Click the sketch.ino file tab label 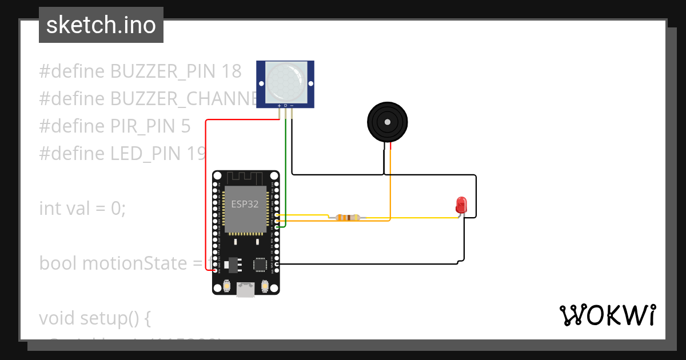click(101, 26)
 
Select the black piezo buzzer click(387, 122)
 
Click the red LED click(461, 205)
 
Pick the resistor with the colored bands click(348, 217)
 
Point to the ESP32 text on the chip click(245, 204)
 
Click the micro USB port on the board click(246, 290)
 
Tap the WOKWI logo click(607, 315)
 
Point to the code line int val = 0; click(82, 209)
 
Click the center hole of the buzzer click(388, 122)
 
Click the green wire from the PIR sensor click(285, 171)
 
